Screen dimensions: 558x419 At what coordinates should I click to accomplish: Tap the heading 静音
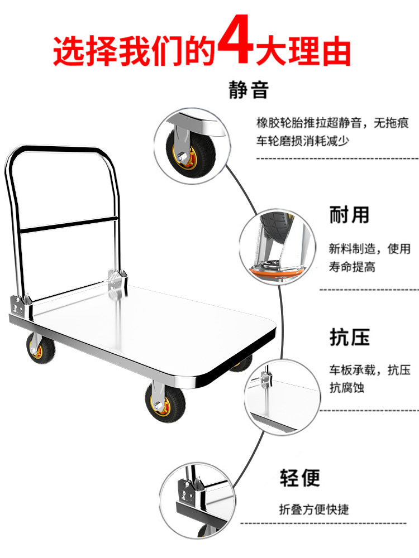pyautogui.click(x=249, y=89)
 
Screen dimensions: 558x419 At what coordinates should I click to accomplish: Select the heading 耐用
pyautogui.click(x=349, y=214)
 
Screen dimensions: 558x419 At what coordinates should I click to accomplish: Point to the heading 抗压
pyautogui.click(x=349, y=338)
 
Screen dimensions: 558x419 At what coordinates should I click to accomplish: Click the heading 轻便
pyautogui.click(x=300, y=478)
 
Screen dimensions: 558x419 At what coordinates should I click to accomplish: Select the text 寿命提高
pyautogui.click(x=352, y=267)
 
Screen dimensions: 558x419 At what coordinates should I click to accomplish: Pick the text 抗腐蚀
pyautogui.click(x=346, y=387)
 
